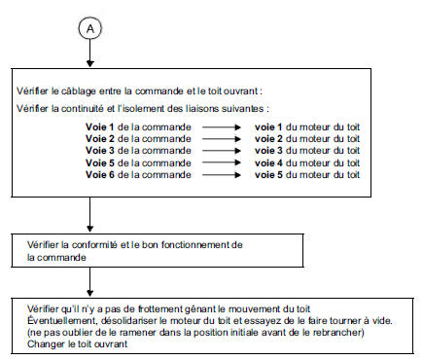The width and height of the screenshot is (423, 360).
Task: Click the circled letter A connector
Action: coord(90,28)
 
